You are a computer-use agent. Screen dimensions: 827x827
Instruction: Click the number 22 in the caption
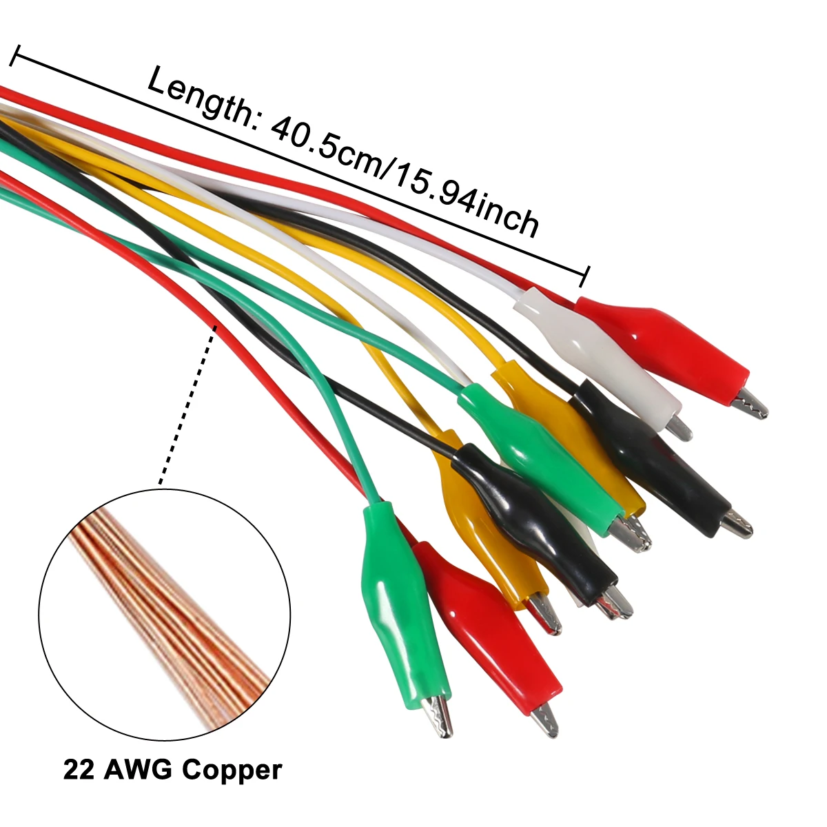[79, 769]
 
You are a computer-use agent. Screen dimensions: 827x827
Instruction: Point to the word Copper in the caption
[234, 769]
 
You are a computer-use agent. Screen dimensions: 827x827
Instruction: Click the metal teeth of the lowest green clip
[440, 717]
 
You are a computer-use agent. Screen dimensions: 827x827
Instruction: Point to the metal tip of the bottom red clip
[545, 719]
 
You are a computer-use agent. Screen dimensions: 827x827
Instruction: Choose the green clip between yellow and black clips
[544, 462]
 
